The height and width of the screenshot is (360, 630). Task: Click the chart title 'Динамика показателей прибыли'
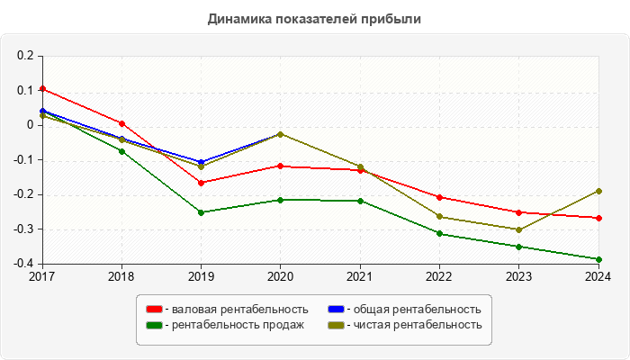(315, 18)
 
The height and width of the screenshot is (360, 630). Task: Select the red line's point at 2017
(42, 89)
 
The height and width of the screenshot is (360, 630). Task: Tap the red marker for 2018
(121, 123)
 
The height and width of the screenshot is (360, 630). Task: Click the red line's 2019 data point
(201, 183)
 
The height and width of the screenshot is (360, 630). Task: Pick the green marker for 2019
(201, 212)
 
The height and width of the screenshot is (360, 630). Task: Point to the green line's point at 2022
(439, 234)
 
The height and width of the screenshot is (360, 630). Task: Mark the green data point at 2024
(598, 259)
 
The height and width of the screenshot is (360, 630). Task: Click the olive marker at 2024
(598, 191)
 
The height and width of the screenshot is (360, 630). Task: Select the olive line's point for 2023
(518, 229)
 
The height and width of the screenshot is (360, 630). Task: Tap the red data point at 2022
(439, 197)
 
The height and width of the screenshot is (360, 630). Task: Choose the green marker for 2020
(280, 200)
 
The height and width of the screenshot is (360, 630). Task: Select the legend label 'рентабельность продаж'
(236, 325)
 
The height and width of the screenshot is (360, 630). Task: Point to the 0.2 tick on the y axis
(24, 56)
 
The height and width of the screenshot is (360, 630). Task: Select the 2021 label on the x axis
(360, 276)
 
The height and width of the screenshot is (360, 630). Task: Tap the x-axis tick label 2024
(598, 276)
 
